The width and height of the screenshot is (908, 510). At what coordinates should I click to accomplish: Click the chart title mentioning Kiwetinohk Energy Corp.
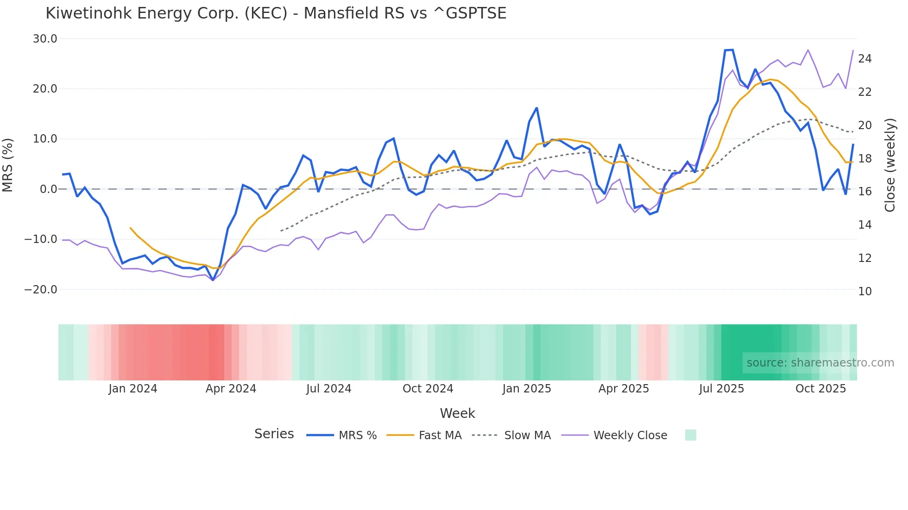(x=276, y=13)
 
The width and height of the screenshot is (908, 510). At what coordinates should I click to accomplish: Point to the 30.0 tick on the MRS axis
(x=45, y=39)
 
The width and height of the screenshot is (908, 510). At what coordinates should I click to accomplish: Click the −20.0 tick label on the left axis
(x=41, y=290)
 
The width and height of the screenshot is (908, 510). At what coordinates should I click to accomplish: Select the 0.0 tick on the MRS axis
(x=48, y=189)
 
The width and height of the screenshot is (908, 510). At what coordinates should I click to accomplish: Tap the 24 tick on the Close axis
(x=864, y=59)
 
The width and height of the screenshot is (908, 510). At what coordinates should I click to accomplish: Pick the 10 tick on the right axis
(x=864, y=292)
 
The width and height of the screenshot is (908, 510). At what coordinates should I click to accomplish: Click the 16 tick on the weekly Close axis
(x=864, y=192)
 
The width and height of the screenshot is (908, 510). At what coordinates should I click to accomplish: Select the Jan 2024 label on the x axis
(x=133, y=389)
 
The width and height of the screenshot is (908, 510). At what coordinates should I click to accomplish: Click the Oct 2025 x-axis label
(x=820, y=389)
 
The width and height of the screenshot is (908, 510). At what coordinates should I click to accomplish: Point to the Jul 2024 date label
(x=328, y=389)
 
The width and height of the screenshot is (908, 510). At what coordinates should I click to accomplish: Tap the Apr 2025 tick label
(x=624, y=389)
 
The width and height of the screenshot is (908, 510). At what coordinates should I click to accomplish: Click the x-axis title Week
(x=457, y=413)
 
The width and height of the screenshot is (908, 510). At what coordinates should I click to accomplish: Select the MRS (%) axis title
(x=8, y=165)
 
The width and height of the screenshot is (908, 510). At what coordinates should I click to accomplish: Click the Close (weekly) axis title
(x=890, y=165)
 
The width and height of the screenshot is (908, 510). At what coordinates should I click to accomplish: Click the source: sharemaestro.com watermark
(x=820, y=363)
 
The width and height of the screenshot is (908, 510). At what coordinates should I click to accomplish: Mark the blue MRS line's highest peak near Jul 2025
(x=729, y=50)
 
